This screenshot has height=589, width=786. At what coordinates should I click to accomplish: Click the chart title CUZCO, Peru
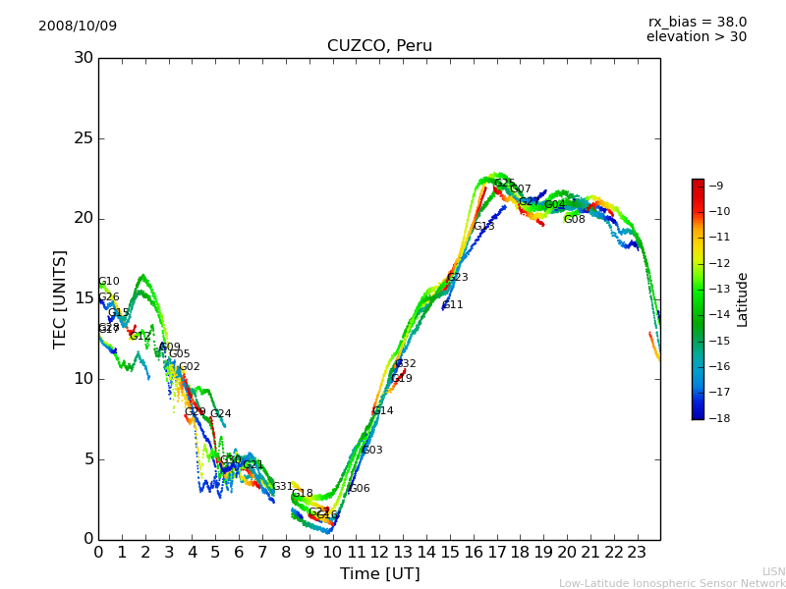tap(379, 46)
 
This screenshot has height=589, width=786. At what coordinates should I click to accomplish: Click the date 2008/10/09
tap(78, 26)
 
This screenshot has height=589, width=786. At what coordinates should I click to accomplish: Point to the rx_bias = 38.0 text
tap(697, 22)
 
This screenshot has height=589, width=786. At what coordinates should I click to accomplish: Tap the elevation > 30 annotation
tap(696, 37)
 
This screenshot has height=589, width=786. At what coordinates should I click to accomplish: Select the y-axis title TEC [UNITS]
tap(61, 298)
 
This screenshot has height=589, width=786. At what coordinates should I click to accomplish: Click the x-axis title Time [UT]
tap(379, 573)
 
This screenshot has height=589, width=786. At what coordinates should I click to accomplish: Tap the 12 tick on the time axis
tap(379, 552)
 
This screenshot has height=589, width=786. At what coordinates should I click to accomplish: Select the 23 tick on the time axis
tap(637, 552)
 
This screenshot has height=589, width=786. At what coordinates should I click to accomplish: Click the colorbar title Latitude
tap(743, 299)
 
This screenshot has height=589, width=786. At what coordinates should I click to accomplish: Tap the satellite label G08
tap(574, 220)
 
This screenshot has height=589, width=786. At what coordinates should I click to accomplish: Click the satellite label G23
tap(457, 278)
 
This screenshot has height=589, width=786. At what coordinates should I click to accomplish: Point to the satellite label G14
tap(382, 411)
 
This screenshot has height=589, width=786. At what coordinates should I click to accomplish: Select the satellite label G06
tap(360, 489)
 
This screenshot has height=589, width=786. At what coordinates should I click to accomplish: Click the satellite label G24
tap(220, 414)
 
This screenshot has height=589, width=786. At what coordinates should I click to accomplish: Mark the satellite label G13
tap(483, 227)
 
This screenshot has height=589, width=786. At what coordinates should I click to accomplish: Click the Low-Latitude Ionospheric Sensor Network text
tap(672, 583)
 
